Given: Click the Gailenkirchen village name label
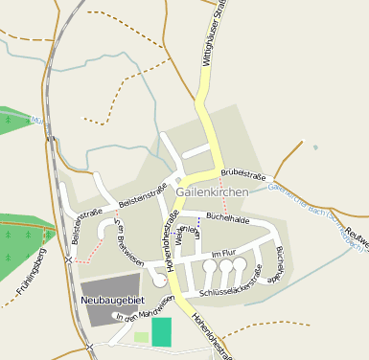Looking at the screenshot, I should (212, 192).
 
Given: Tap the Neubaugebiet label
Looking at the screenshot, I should (111, 300).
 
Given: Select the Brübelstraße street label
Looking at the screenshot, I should (242, 173).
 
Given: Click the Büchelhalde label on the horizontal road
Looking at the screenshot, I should (228, 218).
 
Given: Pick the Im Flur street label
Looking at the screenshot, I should (222, 252).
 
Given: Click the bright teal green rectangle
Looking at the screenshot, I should (162, 331).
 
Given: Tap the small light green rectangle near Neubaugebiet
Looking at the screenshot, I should (141, 337).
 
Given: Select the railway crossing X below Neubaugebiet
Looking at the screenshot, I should (88, 346).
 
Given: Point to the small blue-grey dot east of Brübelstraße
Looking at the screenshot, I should (315, 147).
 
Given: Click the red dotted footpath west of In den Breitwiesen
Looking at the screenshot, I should (91, 251).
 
